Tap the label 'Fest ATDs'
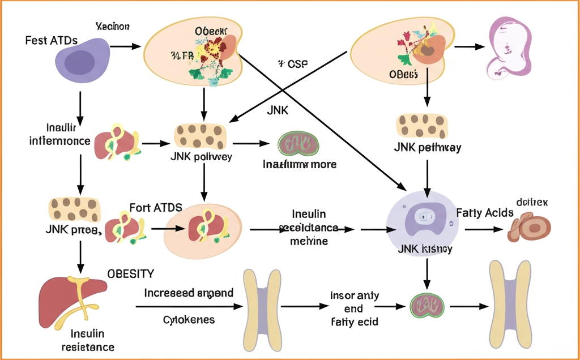tap(52, 41)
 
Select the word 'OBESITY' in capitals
tap(130, 274)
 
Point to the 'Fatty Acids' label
tap(485, 213)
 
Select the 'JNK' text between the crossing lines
tap(278, 111)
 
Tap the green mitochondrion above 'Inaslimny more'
tap(298, 144)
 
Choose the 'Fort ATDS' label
tap(156, 207)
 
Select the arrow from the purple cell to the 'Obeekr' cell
tap(124, 45)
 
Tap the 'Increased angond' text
tap(189, 293)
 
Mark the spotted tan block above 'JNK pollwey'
tap(201, 136)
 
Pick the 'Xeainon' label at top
tap(113, 26)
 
